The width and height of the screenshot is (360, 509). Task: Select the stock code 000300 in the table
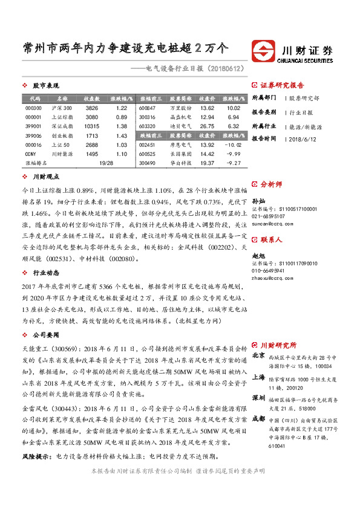34,108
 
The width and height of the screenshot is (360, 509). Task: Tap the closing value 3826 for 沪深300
92,108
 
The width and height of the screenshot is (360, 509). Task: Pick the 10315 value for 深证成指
92,126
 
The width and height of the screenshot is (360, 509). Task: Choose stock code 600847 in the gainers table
148,108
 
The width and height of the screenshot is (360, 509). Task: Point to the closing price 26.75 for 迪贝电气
207,126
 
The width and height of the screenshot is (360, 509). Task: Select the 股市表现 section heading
45,86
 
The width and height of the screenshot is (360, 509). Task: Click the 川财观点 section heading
45,177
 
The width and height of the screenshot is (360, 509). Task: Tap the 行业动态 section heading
45,273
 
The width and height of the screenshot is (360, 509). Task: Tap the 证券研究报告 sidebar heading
282,85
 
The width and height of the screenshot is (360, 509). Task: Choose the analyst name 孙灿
257,199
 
